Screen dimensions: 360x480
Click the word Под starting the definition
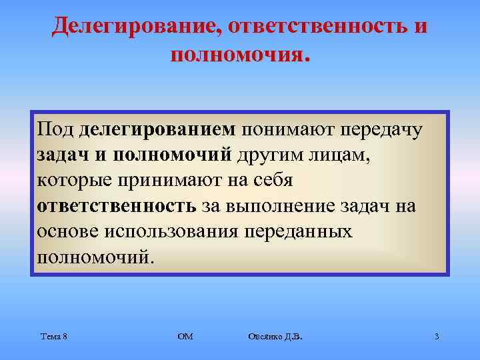pyautogui.click(x=57, y=129)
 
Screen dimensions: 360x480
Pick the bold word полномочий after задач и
pyautogui.click(x=172, y=155)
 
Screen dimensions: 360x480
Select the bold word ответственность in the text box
pyautogui.click(x=117, y=206)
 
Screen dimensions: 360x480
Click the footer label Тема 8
pyautogui.click(x=53, y=337)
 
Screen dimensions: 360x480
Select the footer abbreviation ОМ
pyautogui.click(x=185, y=337)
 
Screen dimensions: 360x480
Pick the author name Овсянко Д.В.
pyautogui.click(x=274, y=337)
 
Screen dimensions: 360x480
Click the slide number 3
pyautogui.click(x=437, y=337)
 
